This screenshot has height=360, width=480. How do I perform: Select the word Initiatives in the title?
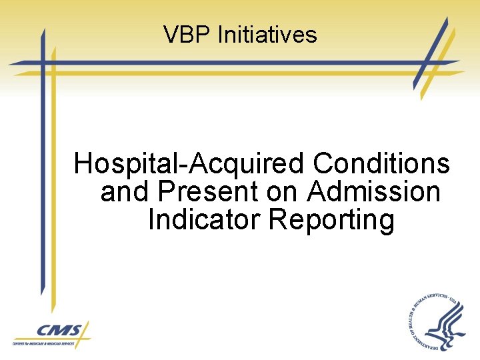pyautogui.click(x=267, y=35)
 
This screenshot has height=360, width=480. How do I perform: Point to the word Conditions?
pyautogui.click(x=381, y=164)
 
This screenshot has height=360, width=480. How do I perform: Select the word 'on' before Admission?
pyautogui.click(x=282, y=192)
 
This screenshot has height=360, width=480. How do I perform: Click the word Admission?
pyautogui.click(x=374, y=192)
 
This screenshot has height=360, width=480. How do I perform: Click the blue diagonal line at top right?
pyautogui.click(x=430, y=53)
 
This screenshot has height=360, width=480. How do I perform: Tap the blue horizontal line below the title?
pyautogui.click(x=220, y=63)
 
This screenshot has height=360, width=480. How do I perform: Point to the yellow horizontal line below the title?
pyautogui.click(x=220, y=73)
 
